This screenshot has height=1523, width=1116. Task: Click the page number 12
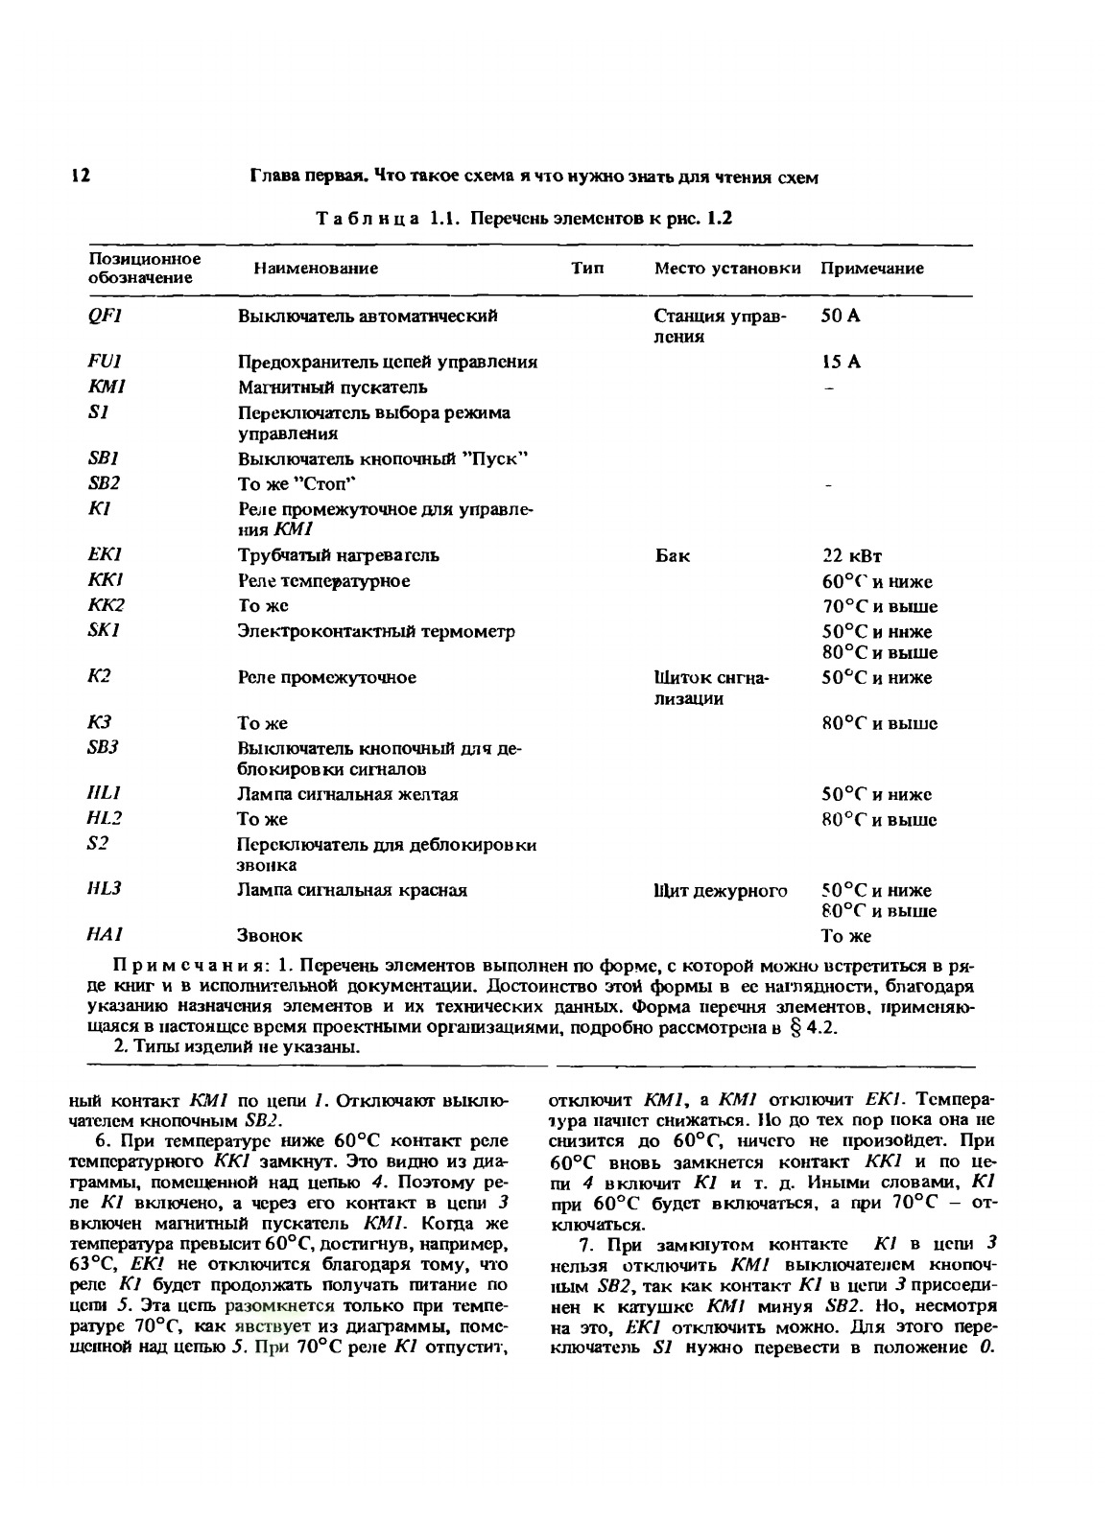[80, 176]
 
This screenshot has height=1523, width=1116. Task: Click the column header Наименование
[316, 269]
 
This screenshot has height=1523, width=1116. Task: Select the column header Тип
[587, 269]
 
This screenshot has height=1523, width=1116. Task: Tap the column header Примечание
[871, 269]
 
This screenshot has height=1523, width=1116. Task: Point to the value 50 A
[841, 316]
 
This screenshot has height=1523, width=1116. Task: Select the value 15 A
[841, 362]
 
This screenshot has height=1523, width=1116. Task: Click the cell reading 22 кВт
[851, 556]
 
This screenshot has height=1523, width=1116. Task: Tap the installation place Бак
[672, 556]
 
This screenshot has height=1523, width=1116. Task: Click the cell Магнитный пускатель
[332, 387]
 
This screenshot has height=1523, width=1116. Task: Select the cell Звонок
[270, 935]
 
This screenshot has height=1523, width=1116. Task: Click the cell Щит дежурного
[720, 891]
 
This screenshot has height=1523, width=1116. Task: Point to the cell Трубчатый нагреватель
[339, 556]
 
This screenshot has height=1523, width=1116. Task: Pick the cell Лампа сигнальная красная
[352, 890]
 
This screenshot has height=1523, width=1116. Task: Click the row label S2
[98, 843]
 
